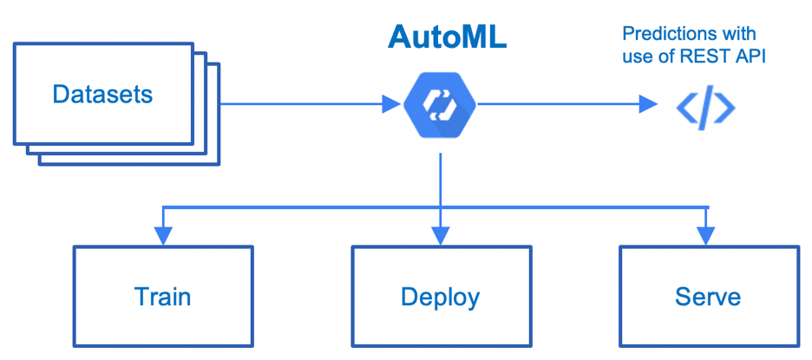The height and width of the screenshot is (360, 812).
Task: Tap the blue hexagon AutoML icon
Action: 440,104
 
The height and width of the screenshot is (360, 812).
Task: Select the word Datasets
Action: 102,94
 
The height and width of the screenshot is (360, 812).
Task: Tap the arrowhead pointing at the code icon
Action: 648,104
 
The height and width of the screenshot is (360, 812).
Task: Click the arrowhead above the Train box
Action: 163,234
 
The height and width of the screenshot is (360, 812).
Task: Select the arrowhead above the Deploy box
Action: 441,234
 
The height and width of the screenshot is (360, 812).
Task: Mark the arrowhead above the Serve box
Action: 709,234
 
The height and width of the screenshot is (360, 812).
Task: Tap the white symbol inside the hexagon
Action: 440,104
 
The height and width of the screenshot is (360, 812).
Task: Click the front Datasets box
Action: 102,94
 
